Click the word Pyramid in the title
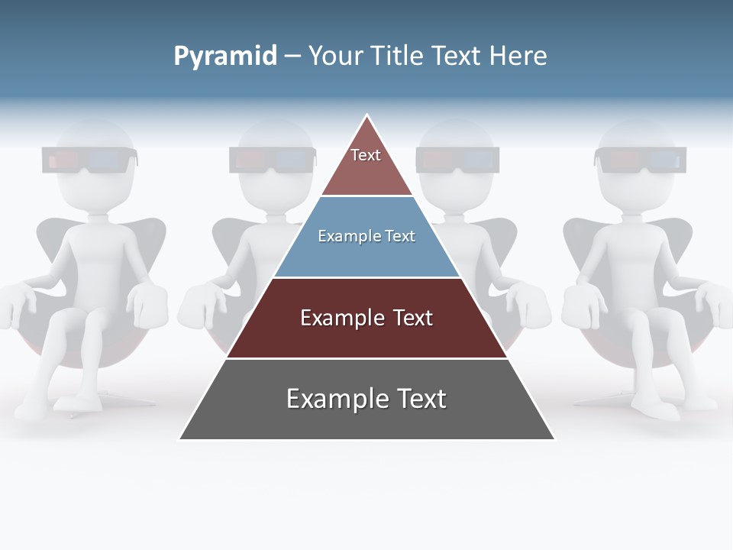coord(224,57)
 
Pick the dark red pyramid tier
coord(366,318)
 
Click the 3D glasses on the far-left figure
coord(90,160)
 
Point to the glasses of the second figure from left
coord(272,160)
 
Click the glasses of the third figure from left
coord(457,159)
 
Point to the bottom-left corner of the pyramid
coord(180,438)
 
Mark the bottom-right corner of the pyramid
coord(554,438)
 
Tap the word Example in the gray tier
coord(328,400)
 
